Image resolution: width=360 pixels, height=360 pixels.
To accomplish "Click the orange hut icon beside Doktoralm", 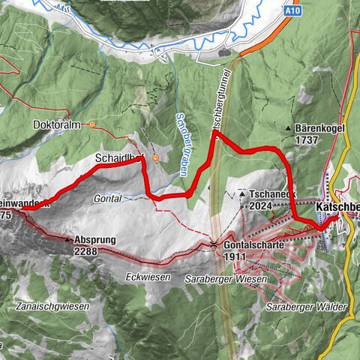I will [91, 124].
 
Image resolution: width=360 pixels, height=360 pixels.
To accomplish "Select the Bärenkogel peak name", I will [319, 128].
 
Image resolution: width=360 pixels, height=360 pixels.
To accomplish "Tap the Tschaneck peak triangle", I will [242, 193].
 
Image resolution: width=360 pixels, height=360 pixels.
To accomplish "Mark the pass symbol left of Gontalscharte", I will [214, 244].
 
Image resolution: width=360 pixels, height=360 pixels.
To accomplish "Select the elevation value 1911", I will [235, 256].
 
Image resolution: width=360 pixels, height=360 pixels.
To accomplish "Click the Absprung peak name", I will [95, 240].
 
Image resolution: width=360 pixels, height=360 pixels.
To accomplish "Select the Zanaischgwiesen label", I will [49, 307].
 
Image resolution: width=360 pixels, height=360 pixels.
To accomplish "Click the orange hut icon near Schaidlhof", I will [154, 158].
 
